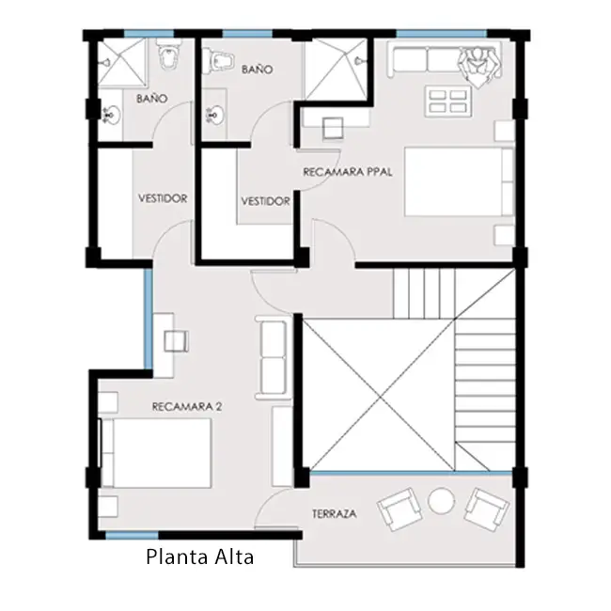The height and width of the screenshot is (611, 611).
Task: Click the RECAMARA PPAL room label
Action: [x=347, y=172]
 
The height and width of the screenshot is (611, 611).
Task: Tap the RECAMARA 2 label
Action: [x=187, y=407]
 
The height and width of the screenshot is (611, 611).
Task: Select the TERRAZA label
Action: [x=335, y=513]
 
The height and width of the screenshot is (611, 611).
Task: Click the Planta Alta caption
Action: [x=200, y=557]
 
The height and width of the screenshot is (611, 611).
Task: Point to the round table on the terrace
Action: [x=441, y=500]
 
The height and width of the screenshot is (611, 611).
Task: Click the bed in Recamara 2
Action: [x=156, y=453]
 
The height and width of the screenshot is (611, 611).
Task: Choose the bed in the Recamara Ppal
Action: [x=459, y=181]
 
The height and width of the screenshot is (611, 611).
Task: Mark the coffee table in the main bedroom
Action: [x=447, y=102]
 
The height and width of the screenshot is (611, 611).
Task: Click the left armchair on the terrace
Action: [x=399, y=509]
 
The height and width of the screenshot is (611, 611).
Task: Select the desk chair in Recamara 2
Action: [x=177, y=341]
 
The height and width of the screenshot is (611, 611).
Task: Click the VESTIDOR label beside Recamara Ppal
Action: [x=265, y=201]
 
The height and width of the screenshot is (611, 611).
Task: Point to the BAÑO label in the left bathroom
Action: [x=152, y=98]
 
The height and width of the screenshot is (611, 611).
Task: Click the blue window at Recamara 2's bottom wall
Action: [x=132, y=536]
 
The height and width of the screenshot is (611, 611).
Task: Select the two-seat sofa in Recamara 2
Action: [x=274, y=357]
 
